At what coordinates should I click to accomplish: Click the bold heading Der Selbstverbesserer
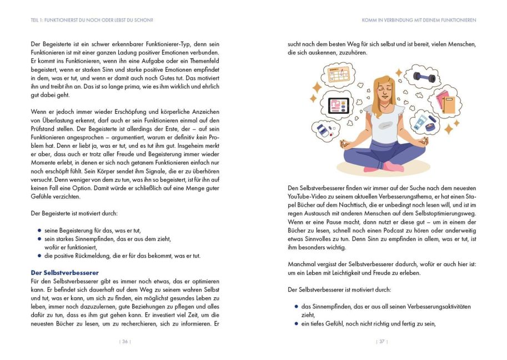(64, 273)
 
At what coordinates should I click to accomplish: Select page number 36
(126, 342)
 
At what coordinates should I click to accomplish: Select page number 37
(381, 342)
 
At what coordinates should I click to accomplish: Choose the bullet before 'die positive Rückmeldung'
(39, 256)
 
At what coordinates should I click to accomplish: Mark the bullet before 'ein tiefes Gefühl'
(297, 324)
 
